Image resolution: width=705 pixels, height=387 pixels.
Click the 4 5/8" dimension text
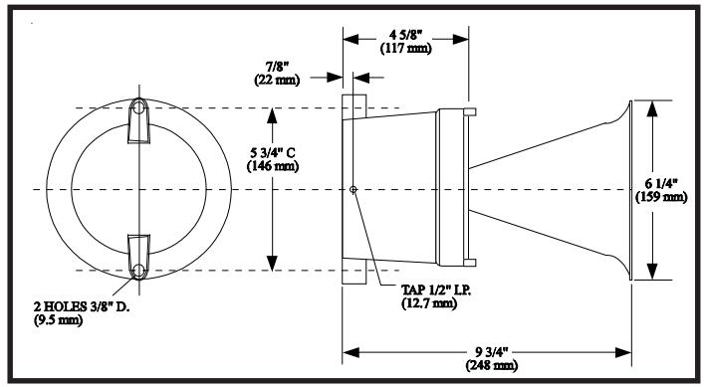(405, 35)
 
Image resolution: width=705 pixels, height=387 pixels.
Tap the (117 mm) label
(406, 48)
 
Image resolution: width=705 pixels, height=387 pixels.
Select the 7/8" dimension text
(277, 68)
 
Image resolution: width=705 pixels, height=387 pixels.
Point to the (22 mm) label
(277, 80)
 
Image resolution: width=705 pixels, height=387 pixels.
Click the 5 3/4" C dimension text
(273, 153)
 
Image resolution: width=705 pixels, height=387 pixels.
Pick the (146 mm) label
(273, 166)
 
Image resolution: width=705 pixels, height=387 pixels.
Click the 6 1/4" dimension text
(661, 184)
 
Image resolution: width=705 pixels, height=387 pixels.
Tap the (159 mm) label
(661, 197)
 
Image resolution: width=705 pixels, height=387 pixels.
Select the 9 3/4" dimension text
(492, 352)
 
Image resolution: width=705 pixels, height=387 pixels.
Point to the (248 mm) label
(492, 365)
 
